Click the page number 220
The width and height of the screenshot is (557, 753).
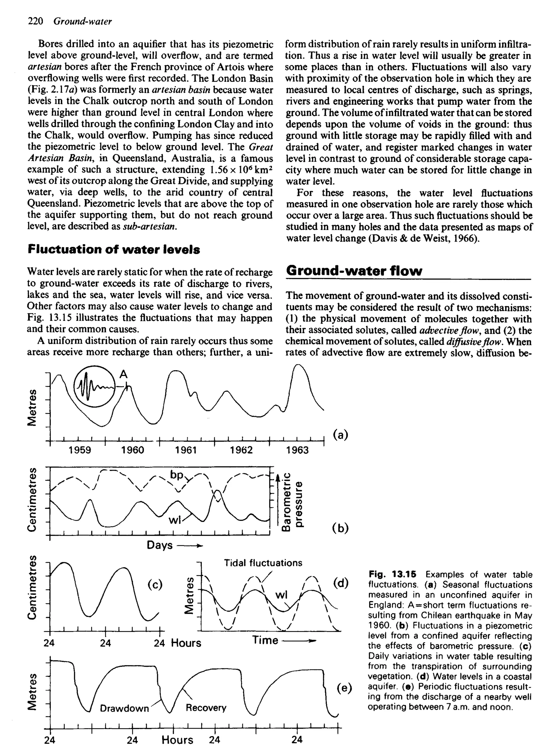pos(35,21)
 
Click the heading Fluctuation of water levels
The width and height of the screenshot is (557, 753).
pos(114,250)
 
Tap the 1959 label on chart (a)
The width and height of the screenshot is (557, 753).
pos(80,450)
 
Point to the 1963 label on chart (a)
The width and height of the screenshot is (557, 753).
pos(297,450)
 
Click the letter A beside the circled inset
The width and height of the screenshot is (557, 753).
pos(124,374)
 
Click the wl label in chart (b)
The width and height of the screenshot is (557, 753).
pos(175,521)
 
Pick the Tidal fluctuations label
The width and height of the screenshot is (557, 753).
pos(263,563)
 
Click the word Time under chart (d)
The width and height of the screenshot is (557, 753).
pos(265,640)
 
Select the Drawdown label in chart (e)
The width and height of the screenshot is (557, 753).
pos(124,708)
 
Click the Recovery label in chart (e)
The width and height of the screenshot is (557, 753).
pos(206,708)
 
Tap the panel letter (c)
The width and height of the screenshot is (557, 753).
pos(155,584)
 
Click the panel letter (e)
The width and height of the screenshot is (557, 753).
pos(344,688)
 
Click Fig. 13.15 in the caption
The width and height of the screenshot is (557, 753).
pos(392,574)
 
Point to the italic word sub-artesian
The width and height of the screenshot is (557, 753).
pos(150,226)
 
